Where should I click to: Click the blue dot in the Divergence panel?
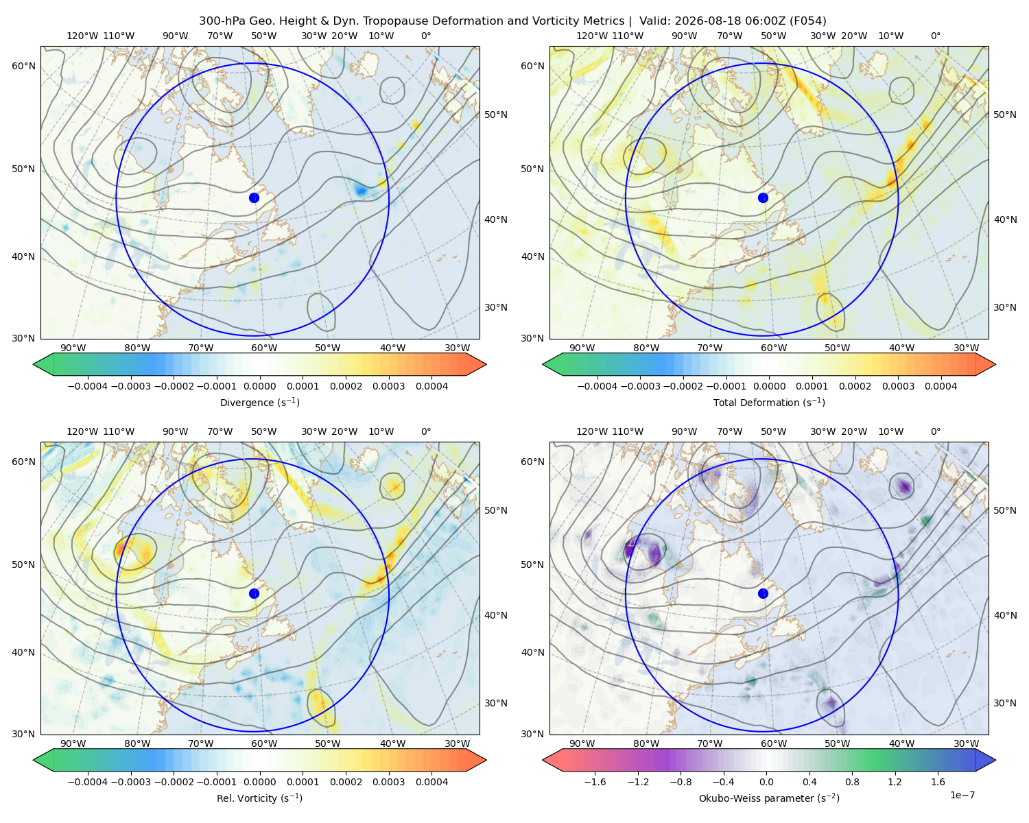254,198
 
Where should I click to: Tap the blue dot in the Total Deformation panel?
763,198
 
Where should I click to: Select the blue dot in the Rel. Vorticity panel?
254,593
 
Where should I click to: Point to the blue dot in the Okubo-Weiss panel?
763,593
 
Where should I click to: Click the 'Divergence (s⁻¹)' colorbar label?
259,402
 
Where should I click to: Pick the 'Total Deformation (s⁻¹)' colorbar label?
769,402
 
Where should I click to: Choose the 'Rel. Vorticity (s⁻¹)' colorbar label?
259,798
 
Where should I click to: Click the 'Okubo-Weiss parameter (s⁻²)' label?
769,798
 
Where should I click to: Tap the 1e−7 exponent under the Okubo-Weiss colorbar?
962,795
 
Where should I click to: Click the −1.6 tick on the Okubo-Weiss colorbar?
595,782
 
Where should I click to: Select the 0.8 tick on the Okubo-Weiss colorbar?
852,782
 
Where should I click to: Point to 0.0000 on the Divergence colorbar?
259,386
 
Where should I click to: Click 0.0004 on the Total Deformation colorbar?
941,386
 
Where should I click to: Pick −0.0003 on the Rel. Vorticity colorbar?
130,782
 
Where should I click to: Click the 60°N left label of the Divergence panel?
23,66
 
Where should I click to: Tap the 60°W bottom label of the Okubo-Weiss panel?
773,743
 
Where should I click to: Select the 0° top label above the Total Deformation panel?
935,36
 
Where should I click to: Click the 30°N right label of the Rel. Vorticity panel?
495,703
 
